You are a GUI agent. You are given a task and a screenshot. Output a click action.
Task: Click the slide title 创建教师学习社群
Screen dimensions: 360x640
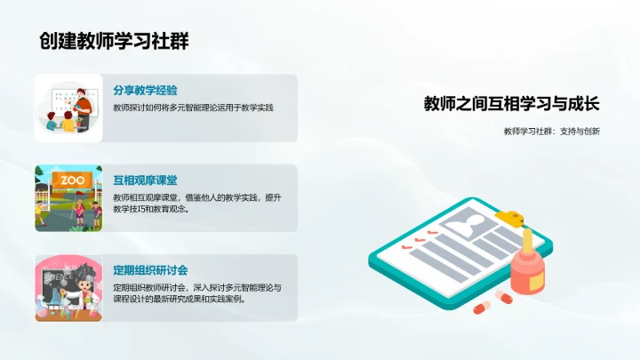[114, 41]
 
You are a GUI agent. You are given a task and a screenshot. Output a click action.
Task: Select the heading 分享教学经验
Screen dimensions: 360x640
[145, 91]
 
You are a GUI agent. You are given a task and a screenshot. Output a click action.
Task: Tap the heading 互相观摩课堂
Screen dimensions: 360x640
[145, 180]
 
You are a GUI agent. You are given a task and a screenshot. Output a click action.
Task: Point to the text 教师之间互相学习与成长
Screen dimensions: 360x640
[511, 104]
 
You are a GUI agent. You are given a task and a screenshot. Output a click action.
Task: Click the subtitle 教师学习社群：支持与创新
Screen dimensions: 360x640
[551, 132]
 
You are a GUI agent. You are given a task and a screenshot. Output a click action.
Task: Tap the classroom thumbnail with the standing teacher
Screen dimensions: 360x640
[68, 108]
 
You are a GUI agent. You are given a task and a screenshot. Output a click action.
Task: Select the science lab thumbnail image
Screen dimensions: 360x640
[68, 288]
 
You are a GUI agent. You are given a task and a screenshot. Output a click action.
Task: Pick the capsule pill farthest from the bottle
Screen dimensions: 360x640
[481, 308]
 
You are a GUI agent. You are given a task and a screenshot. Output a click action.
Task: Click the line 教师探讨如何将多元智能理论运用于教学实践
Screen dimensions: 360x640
[193, 108]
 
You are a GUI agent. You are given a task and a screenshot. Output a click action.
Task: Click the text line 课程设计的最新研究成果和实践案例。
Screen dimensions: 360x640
[180, 299]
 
